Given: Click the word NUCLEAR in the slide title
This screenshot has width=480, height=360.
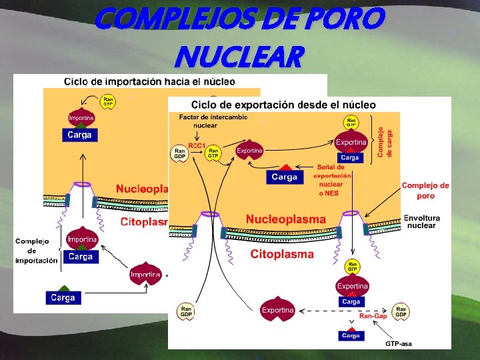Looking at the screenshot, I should (237, 57).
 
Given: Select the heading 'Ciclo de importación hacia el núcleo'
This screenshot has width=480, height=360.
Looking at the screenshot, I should (149, 82).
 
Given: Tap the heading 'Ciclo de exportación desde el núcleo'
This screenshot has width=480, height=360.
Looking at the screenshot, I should (283, 105).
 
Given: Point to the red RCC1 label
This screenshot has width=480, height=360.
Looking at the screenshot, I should (196, 145).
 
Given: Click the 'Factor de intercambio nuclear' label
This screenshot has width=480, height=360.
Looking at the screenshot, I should (213, 121).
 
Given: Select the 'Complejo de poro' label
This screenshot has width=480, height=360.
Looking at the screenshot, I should (425, 191).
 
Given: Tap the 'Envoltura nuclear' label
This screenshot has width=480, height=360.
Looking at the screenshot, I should (421, 221).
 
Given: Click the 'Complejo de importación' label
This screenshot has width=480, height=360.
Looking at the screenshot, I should (36, 251).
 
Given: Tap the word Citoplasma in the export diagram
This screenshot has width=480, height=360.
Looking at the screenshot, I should (281, 254).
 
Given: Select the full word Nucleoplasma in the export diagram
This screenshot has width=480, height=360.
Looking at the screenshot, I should (285, 219).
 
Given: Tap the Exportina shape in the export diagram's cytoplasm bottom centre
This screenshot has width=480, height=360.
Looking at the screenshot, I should (278, 309).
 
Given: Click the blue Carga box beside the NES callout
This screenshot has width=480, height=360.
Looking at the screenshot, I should (283, 177).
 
